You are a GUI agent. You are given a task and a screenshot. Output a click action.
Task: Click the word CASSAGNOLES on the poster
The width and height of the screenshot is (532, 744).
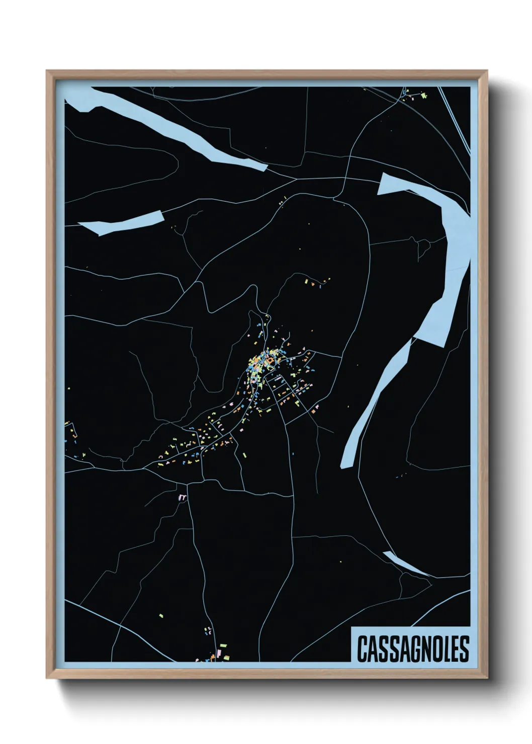[412, 648]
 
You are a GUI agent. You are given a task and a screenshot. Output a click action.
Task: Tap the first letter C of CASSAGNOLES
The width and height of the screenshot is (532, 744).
[362, 648]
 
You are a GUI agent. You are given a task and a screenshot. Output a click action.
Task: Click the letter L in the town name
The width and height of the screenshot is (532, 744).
[445, 648]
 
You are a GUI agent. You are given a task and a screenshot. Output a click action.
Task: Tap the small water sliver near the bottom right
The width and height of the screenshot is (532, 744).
[402, 562]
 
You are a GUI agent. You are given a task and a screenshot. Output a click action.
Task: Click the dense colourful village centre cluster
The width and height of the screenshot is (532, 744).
[261, 364]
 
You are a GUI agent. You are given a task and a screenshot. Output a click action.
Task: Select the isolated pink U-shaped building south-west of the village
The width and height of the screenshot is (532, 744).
[183, 497]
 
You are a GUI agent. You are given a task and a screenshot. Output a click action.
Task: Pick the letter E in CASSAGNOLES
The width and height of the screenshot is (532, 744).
[455, 648]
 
